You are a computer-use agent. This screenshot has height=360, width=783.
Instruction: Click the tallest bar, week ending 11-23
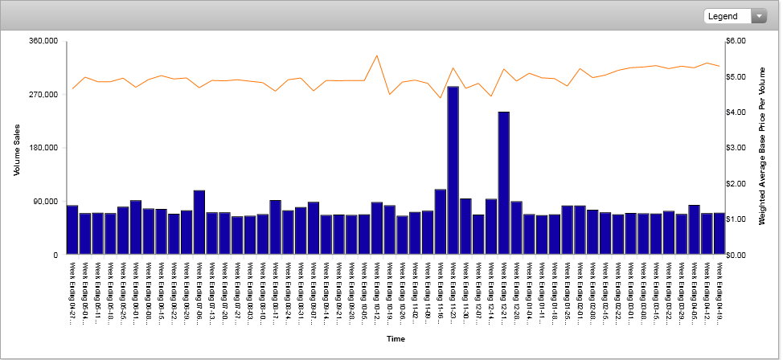pyautogui.click(x=453, y=170)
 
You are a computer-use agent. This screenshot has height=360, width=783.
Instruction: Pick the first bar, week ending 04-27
pyautogui.click(x=72, y=230)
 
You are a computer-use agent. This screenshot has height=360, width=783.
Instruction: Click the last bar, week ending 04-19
pyautogui.click(x=719, y=234)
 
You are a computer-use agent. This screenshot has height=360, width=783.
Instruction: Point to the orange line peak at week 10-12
pyautogui.click(x=377, y=55)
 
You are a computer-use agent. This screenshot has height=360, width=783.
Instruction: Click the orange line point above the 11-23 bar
pyautogui.click(x=453, y=68)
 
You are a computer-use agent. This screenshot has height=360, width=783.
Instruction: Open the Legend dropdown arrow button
pyautogui.click(x=759, y=16)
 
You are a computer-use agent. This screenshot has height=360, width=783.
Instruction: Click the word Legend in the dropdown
pyautogui.click(x=723, y=16)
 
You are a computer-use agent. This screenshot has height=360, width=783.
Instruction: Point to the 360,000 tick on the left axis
pyautogui.click(x=43, y=41)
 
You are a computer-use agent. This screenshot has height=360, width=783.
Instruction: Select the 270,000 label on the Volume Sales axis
pyautogui.click(x=43, y=95)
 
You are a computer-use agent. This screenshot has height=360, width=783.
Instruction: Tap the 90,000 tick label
pyautogui.click(x=46, y=202)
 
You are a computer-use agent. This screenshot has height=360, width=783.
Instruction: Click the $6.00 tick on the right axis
pyautogui.click(x=736, y=41)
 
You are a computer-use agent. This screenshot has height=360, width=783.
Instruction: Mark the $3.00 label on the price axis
pyautogui.click(x=736, y=148)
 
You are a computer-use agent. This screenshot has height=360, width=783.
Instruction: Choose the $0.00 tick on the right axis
pyautogui.click(x=736, y=255)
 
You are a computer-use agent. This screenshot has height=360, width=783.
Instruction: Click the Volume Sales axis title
pyautogui.click(x=16, y=148)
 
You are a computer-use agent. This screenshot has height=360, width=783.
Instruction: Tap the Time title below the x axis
pyautogui.click(x=395, y=339)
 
